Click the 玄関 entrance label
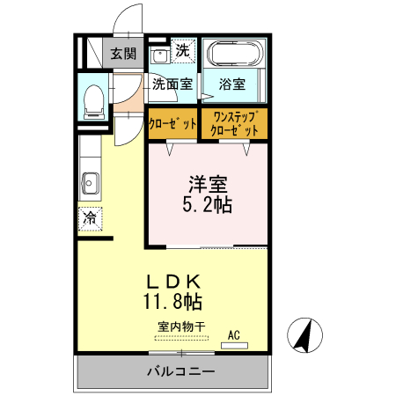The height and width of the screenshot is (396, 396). [123, 53]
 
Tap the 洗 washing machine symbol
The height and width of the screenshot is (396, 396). [182, 51]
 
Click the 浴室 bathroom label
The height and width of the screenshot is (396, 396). [231, 84]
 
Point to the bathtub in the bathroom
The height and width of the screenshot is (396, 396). [231, 55]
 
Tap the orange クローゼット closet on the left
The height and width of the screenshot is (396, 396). [172, 123]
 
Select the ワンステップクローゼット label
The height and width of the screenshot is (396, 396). [234, 123]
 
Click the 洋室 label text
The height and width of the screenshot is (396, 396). [208, 185]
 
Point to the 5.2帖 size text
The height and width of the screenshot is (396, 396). [208, 206]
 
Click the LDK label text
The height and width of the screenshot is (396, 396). [174, 282]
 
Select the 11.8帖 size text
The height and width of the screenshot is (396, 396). [174, 302]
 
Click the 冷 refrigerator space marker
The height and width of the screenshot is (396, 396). [91, 217]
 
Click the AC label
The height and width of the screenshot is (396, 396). [234, 334]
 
